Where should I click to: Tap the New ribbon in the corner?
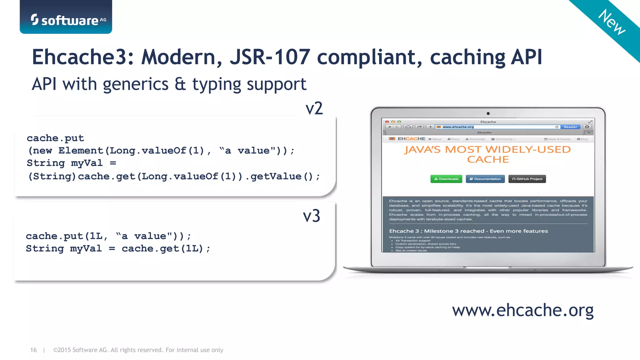(x=612, y=22)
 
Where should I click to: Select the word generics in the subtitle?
(x=135, y=84)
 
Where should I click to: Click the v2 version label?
(x=314, y=108)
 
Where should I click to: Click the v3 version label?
(x=311, y=216)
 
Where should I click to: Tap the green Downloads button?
(x=446, y=179)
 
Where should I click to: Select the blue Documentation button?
(x=485, y=179)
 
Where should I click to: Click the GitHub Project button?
(x=527, y=179)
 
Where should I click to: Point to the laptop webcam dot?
(x=488, y=113)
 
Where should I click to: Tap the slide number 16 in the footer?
(x=33, y=350)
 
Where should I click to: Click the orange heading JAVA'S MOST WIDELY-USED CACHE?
(x=487, y=154)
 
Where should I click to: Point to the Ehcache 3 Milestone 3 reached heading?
(x=468, y=231)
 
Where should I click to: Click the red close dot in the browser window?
(x=387, y=122)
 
